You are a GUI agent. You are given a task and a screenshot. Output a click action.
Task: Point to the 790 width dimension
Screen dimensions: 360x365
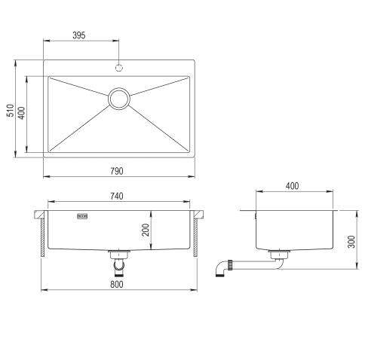[118, 171]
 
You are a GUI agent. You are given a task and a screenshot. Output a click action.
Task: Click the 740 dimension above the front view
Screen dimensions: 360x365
[117, 197]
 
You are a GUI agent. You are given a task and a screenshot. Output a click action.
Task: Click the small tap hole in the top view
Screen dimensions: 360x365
[118, 68]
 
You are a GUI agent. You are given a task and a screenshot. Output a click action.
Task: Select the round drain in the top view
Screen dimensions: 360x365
[118, 98]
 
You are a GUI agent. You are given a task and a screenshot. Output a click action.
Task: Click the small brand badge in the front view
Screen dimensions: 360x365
[82, 217]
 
